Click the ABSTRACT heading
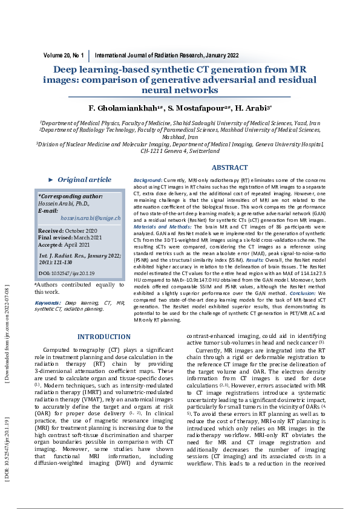229,167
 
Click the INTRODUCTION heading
104,337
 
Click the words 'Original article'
85,180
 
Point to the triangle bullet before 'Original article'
51,180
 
